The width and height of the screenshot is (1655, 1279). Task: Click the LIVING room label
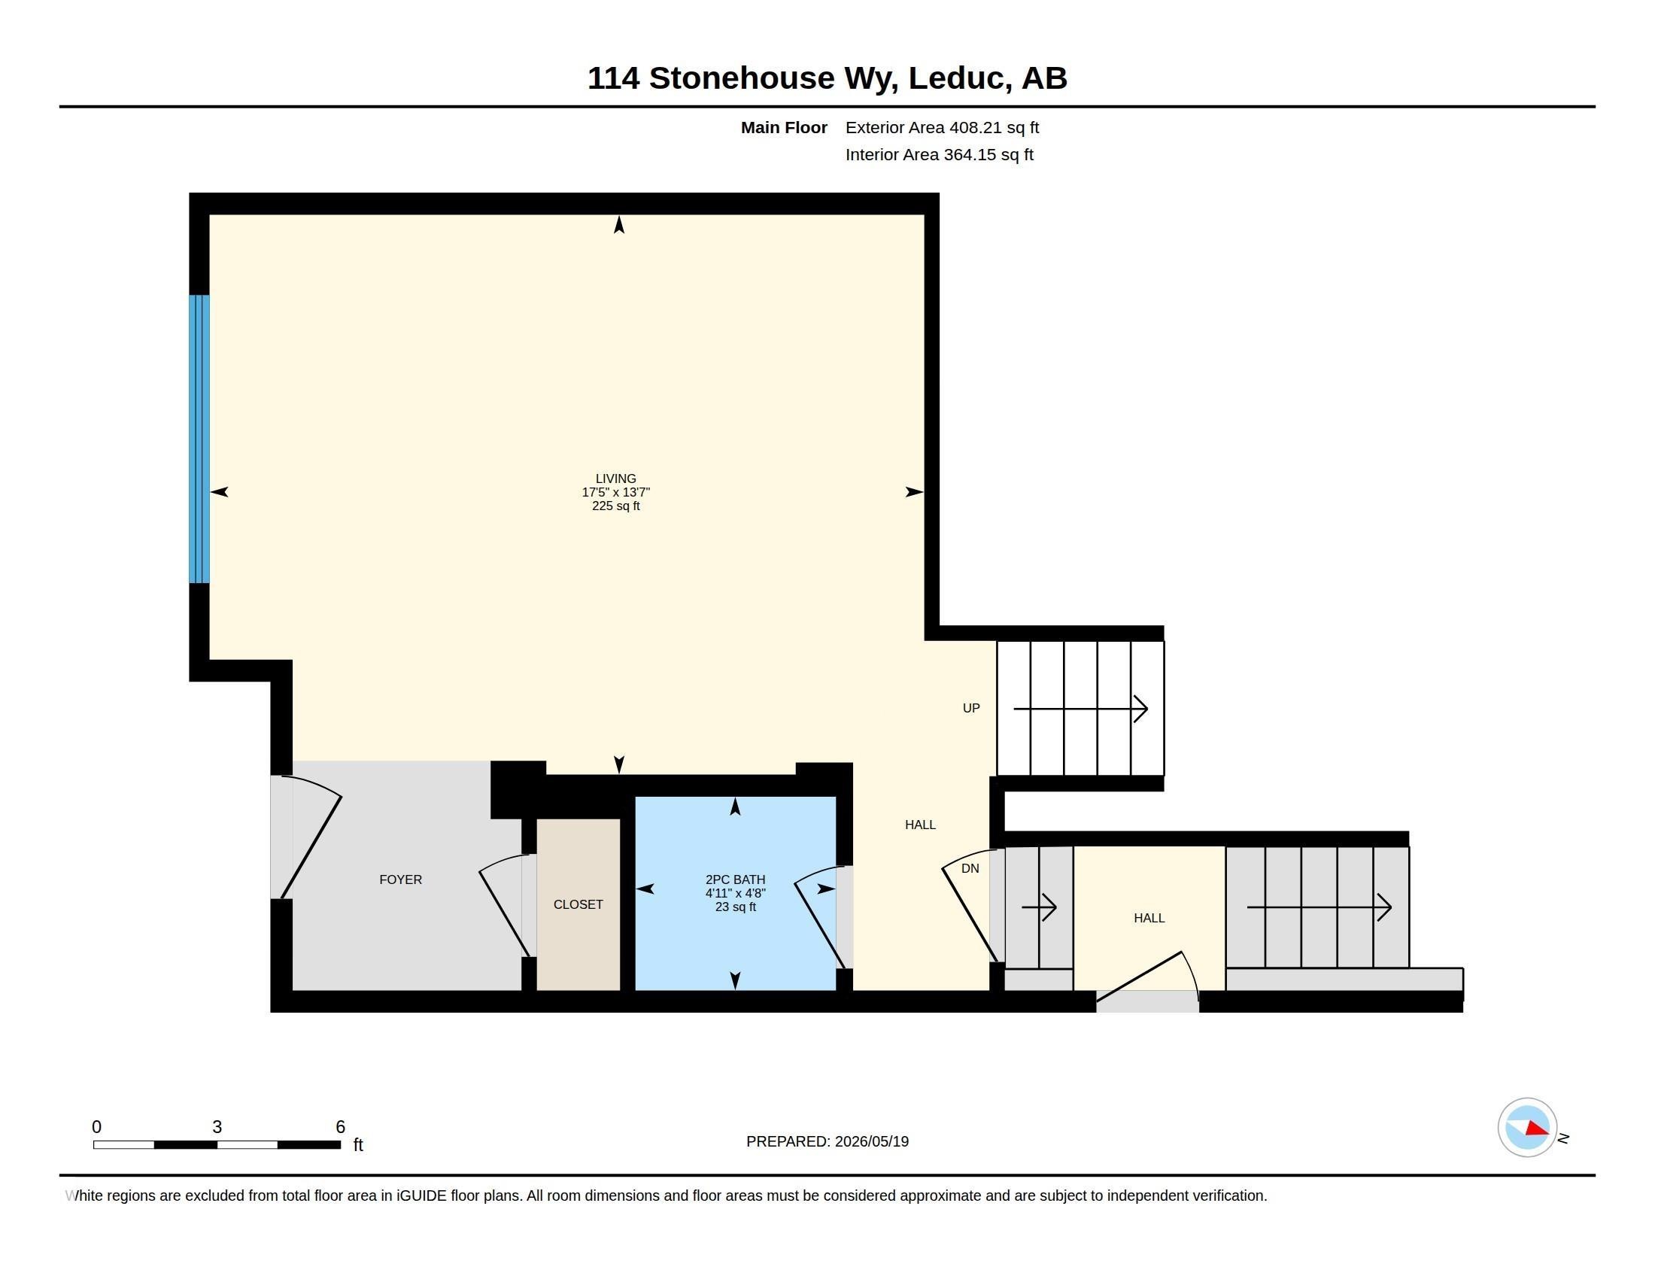click(x=615, y=478)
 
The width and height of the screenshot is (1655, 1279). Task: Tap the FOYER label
click(x=400, y=880)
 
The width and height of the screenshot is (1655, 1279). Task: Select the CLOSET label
click(x=578, y=904)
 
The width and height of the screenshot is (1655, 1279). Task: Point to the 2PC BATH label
click(x=735, y=880)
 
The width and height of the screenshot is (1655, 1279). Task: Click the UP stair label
click(x=970, y=709)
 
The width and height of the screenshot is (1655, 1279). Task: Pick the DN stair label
click(x=970, y=868)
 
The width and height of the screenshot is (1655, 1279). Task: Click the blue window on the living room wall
click(x=199, y=439)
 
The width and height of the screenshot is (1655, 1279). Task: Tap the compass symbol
click(x=1527, y=1128)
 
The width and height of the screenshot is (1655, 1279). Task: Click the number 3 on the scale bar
click(x=217, y=1127)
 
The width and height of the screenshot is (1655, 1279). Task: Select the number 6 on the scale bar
click(x=340, y=1127)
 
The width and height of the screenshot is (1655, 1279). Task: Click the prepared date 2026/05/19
click(x=871, y=1141)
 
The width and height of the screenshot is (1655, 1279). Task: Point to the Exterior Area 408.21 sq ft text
click(x=942, y=127)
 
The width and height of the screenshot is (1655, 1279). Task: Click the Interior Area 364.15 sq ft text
click(x=939, y=154)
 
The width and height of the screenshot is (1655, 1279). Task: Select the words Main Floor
click(x=784, y=127)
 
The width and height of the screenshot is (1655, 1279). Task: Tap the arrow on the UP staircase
click(x=1080, y=709)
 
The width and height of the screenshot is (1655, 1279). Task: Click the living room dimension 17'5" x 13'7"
click(x=615, y=493)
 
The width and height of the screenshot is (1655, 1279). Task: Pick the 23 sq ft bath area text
click(x=735, y=907)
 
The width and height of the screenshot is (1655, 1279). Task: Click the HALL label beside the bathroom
click(x=920, y=825)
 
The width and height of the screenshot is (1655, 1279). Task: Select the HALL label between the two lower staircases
click(x=1149, y=918)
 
